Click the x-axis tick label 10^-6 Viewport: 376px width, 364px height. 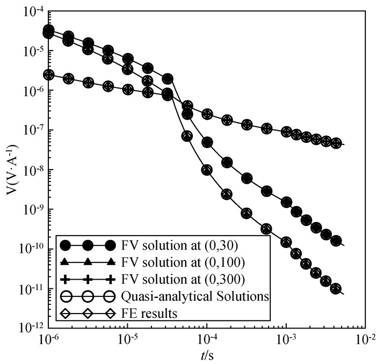(x=48, y=340)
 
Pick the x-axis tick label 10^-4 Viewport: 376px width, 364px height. (x=206, y=340)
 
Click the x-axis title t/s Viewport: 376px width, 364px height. (x=207, y=355)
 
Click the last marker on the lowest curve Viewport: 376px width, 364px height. (x=336, y=289)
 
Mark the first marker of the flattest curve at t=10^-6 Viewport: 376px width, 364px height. (x=48, y=75)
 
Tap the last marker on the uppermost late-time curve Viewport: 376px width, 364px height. (x=336, y=143)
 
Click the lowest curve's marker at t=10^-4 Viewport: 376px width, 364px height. (x=206, y=170)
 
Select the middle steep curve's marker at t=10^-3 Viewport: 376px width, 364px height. (x=286, y=202)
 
